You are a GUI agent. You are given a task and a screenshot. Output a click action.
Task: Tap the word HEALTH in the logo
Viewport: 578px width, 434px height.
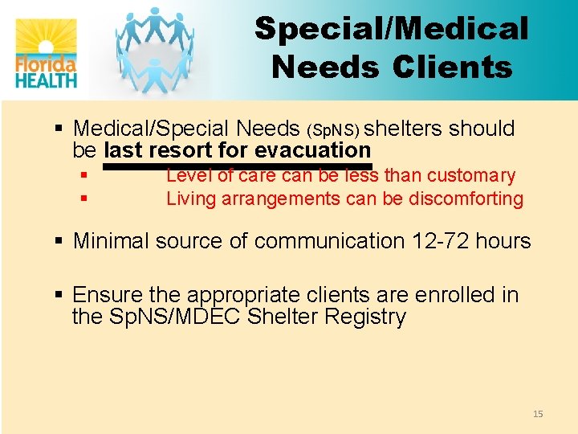46,79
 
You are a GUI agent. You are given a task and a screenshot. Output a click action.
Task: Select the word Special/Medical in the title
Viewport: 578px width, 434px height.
392,29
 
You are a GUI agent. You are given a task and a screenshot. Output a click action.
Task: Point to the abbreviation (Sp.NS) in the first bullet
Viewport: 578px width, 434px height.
335,130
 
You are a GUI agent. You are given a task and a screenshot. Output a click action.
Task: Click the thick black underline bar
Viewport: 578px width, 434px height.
237,166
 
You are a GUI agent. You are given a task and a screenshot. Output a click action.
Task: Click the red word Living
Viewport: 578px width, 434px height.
189,199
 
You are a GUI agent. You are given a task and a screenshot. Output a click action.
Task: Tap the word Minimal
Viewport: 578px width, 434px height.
111,241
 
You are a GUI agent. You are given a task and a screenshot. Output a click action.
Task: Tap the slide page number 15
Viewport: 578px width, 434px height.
538,414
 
